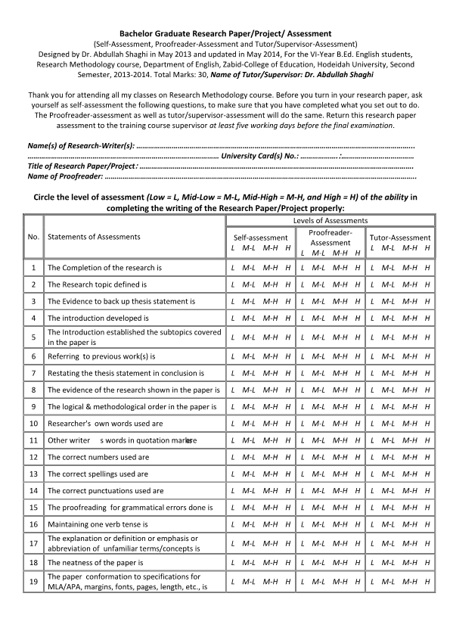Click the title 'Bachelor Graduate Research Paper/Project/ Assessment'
pos(225,34)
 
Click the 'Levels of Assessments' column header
pos(330,220)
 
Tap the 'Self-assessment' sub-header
pos(259,237)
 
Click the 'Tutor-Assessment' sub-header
pos(400,237)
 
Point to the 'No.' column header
pos(33,237)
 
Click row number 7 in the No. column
pos(33,373)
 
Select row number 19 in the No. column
pos(33,581)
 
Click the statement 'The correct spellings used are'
pos(98,474)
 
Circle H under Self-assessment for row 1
pos(287,268)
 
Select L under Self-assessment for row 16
pos(232,524)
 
